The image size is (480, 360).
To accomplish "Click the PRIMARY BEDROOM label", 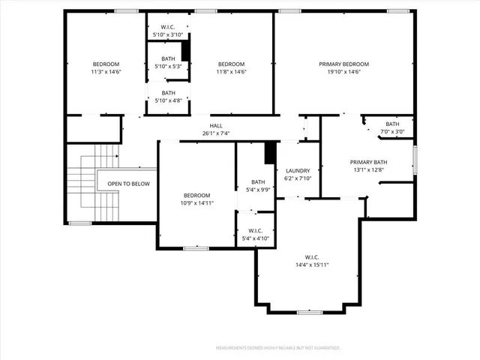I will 344,64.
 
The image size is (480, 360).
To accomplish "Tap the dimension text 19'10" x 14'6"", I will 344,72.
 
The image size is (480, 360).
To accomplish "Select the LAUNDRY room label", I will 298,170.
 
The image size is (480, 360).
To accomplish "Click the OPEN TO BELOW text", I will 128,184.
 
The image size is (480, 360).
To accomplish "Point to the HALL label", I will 215,126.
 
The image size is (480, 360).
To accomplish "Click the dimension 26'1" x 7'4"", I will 215,133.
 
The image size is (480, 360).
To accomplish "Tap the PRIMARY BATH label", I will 368,162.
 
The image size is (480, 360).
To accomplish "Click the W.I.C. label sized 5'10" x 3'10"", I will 168,27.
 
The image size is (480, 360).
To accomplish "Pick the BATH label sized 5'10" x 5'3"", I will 168,58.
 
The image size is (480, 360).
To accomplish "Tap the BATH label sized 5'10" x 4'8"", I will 168,93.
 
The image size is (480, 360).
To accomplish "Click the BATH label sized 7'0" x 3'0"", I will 392,124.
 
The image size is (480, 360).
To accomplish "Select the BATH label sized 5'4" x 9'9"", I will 258,182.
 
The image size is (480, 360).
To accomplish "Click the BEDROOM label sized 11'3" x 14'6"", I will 106,64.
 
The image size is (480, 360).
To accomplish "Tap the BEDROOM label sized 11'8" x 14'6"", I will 231,64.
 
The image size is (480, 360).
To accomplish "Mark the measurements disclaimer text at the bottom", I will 277,348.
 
